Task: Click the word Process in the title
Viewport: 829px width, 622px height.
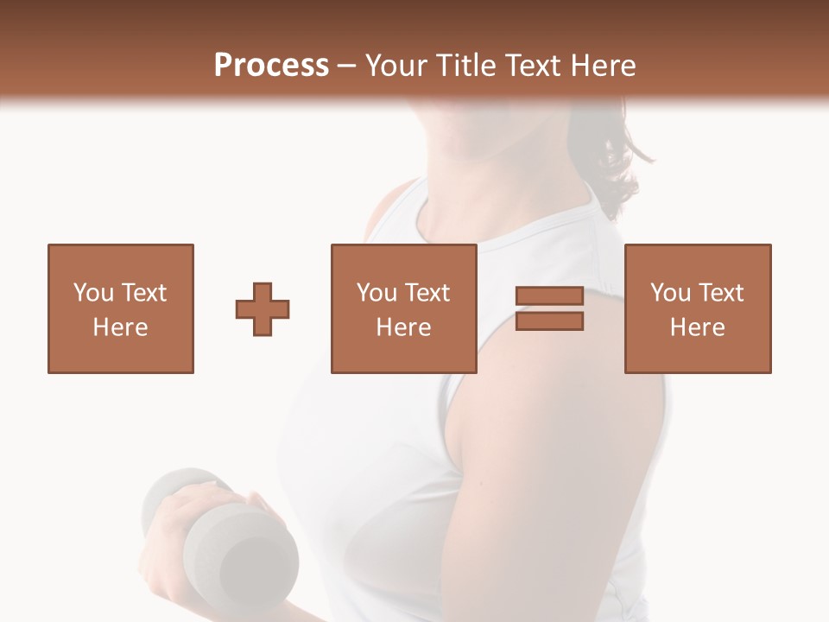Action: (x=271, y=66)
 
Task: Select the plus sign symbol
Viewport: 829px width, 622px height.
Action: (x=263, y=308)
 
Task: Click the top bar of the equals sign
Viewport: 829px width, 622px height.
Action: (x=549, y=296)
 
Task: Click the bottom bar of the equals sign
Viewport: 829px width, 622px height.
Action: (x=549, y=321)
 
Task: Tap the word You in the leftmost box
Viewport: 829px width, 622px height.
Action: (x=93, y=293)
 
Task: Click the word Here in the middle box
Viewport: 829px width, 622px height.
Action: (x=404, y=327)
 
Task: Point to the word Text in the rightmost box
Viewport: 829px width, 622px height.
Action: (x=720, y=293)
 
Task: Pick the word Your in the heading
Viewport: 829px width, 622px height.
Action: (x=398, y=66)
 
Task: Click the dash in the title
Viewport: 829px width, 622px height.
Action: (x=347, y=66)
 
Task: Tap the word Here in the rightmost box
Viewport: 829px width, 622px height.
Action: (x=698, y=327)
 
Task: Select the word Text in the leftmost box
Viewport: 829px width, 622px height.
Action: (x=143, y=293)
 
